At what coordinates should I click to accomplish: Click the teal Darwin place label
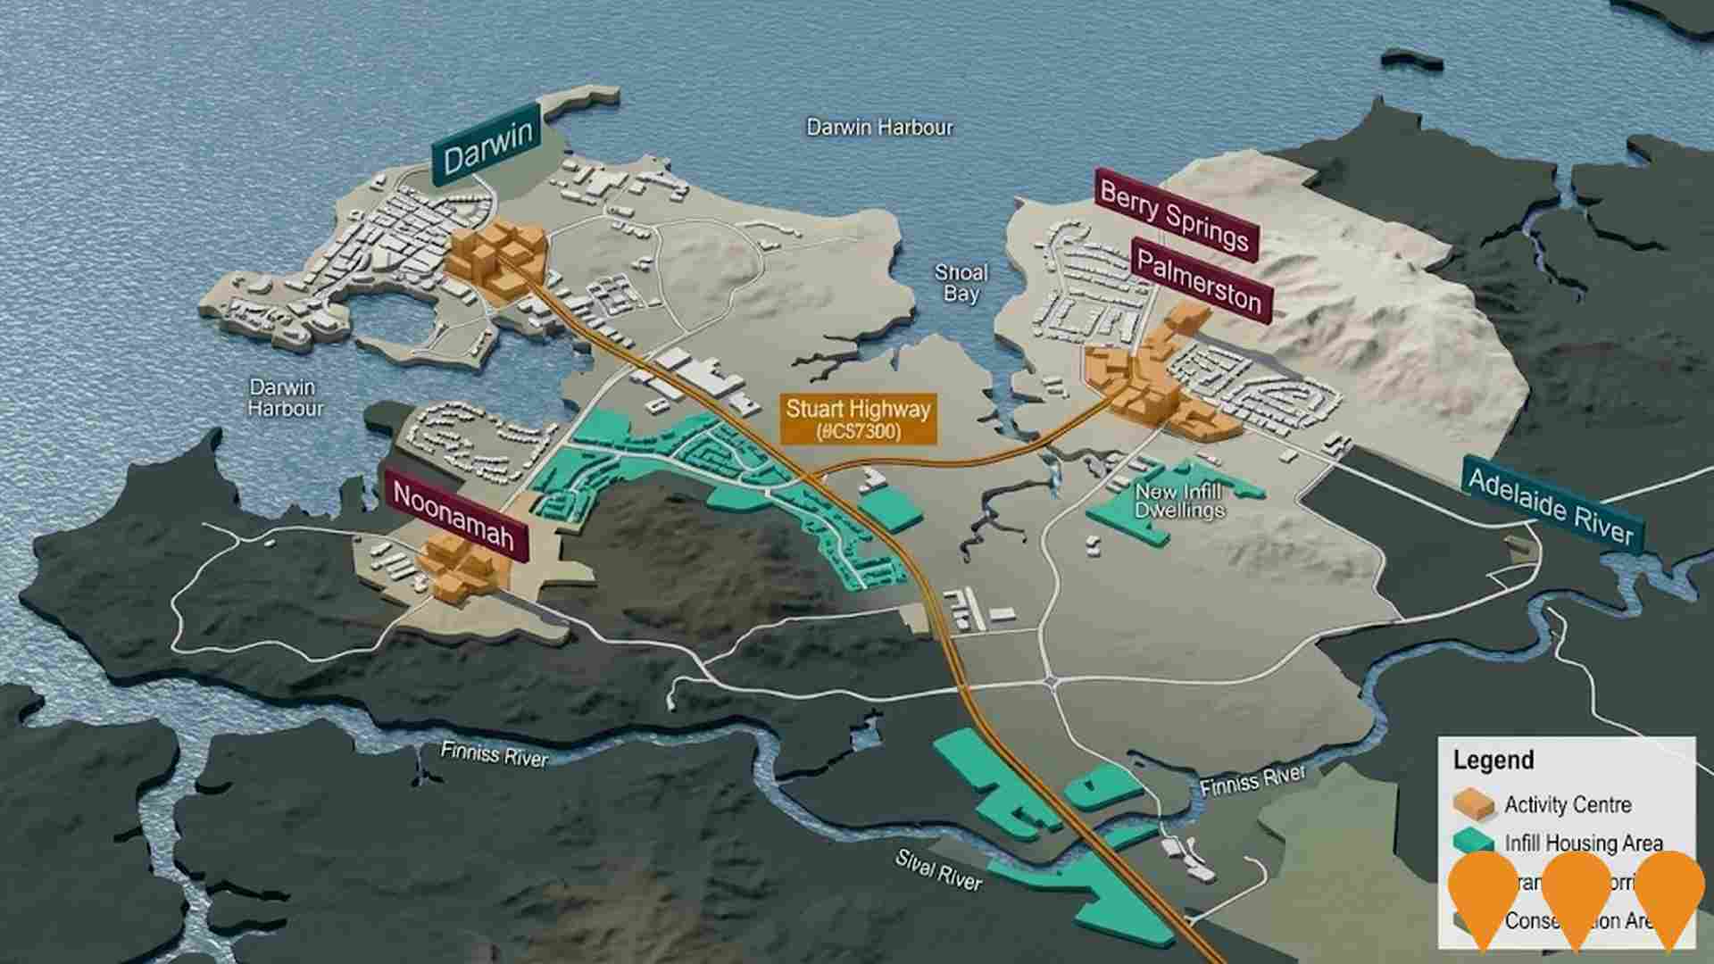pos(487,144)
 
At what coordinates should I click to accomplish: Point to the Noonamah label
pos(454,517)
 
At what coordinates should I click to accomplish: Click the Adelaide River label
pos(1551,506)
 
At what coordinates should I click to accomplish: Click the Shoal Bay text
pos(961,283)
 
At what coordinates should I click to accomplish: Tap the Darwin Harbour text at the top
pos(879,128)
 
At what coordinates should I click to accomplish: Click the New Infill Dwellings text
pos(1179,501)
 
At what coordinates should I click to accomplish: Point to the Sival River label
pos(938,868)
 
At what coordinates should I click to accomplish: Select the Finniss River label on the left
pos(494,755)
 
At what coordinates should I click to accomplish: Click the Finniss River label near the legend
pos(1252,783)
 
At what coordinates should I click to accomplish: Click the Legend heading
pos(1493,760)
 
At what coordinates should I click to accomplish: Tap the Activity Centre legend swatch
pos(1473,804)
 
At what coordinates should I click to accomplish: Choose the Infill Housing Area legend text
pos(1583,843)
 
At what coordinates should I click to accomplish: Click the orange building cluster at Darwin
pos(495,253)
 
